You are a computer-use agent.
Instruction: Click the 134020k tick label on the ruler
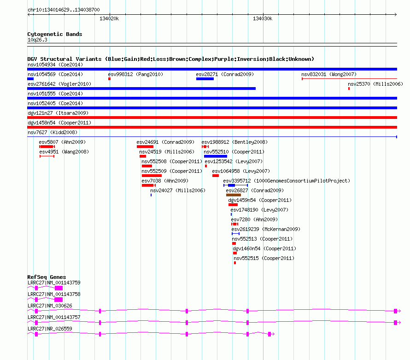109,18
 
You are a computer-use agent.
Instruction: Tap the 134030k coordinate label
263,18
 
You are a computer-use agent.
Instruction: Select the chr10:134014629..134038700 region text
64,10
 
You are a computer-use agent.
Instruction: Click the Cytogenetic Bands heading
55,34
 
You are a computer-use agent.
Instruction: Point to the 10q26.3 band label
37,40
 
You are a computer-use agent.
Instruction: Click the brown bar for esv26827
234,195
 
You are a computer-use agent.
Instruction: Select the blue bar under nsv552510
216,156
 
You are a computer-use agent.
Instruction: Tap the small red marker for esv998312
109,79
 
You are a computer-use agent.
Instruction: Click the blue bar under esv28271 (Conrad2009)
205,79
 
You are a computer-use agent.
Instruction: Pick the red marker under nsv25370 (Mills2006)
349,89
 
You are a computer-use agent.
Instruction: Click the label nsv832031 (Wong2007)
329,74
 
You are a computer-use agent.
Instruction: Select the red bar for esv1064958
216,176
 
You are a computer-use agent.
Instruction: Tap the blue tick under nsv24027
151,195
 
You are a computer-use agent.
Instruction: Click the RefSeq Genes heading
47,277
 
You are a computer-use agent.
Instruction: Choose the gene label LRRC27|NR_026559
50,329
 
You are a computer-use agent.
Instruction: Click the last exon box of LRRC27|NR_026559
269,334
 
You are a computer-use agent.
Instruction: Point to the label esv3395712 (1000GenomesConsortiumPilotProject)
287,181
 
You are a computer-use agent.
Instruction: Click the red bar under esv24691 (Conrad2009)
145,147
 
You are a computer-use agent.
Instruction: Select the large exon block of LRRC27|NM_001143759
59,288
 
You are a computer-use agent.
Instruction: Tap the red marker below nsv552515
235,263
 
